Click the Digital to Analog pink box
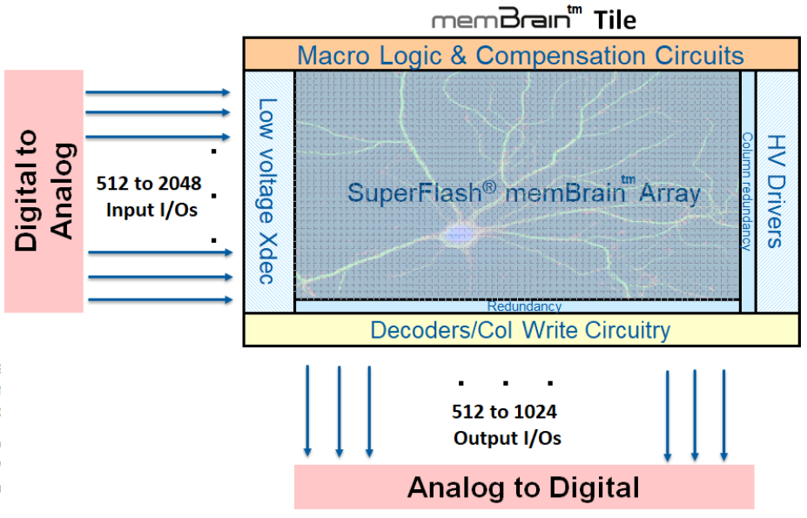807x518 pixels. click(x=44, y=191)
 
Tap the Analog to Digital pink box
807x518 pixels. click(x=523, y=487)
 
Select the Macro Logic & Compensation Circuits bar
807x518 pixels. click(x=521, y=56)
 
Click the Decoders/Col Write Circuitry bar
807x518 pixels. click(x=521, y=330)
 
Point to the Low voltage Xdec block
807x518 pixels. click(x=269, y=191)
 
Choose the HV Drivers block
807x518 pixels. click(x=776, y=191)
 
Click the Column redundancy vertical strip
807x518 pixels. click(x=747, y=191)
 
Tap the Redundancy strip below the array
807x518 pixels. click(x=523, y=306)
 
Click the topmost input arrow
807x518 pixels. click(x=158, y=91)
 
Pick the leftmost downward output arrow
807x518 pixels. click(x=307, y=410)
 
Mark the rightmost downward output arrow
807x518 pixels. click(x=723, y=414)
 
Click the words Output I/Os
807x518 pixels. click(x=507, y=438)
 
